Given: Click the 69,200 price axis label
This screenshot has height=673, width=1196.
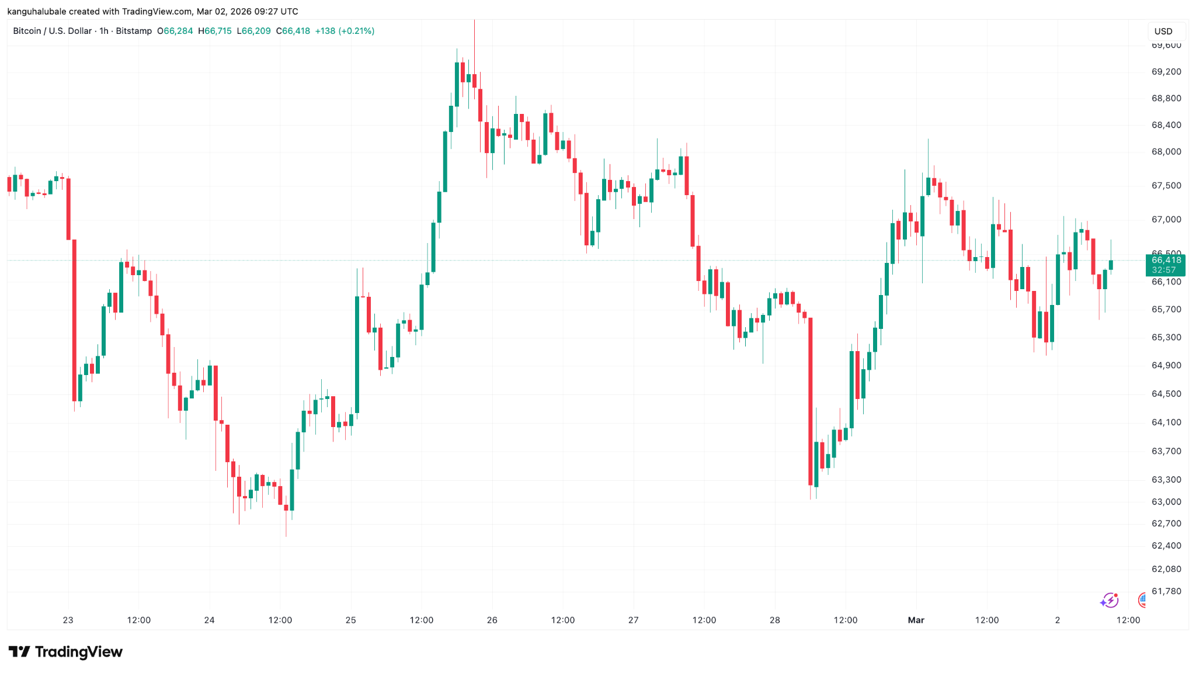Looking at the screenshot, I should click(x=1166, y=72).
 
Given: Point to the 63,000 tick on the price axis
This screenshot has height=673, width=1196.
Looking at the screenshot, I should click(x=1166, y=502).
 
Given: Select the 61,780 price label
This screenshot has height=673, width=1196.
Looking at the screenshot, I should click(x=1166, y=591).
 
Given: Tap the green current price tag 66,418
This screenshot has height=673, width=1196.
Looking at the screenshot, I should click(x=1166, y=260).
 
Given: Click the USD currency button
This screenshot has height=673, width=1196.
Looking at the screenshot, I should click(x=1163, y=31).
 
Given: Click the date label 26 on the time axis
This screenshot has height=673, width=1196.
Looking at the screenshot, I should click(x=492, y=620).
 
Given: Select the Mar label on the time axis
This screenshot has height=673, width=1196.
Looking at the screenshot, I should click(x=916, y=620).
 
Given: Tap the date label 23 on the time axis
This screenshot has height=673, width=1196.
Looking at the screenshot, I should click(x=68, y=620).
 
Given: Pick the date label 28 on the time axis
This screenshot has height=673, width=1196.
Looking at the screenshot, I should click(x=774, y=620).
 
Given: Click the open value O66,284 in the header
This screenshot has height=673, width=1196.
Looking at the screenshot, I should click(x=175, y=31).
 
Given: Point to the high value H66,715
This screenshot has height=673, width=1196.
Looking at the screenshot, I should click(x=215, y=31).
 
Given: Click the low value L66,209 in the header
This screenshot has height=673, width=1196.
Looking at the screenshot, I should click(x=253, y=31).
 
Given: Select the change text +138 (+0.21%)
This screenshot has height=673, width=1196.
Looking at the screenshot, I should click(x=345, y=31).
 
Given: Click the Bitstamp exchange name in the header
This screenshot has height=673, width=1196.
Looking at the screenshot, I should click(x=134, y=31).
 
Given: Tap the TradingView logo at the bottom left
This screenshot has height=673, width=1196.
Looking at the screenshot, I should click(x=65, y=651).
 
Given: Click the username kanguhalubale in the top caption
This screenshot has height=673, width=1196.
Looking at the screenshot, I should click(x=36, y=12).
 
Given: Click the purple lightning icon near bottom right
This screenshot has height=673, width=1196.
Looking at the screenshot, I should click(x=1109, y=600).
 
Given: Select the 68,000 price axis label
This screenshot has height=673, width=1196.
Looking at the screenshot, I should click(x=1166, y=152).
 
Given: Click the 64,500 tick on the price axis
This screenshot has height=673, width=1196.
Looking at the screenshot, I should click(x=1166, y=394).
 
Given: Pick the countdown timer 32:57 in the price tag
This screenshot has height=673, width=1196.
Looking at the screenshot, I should click(x=1163, y=270).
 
